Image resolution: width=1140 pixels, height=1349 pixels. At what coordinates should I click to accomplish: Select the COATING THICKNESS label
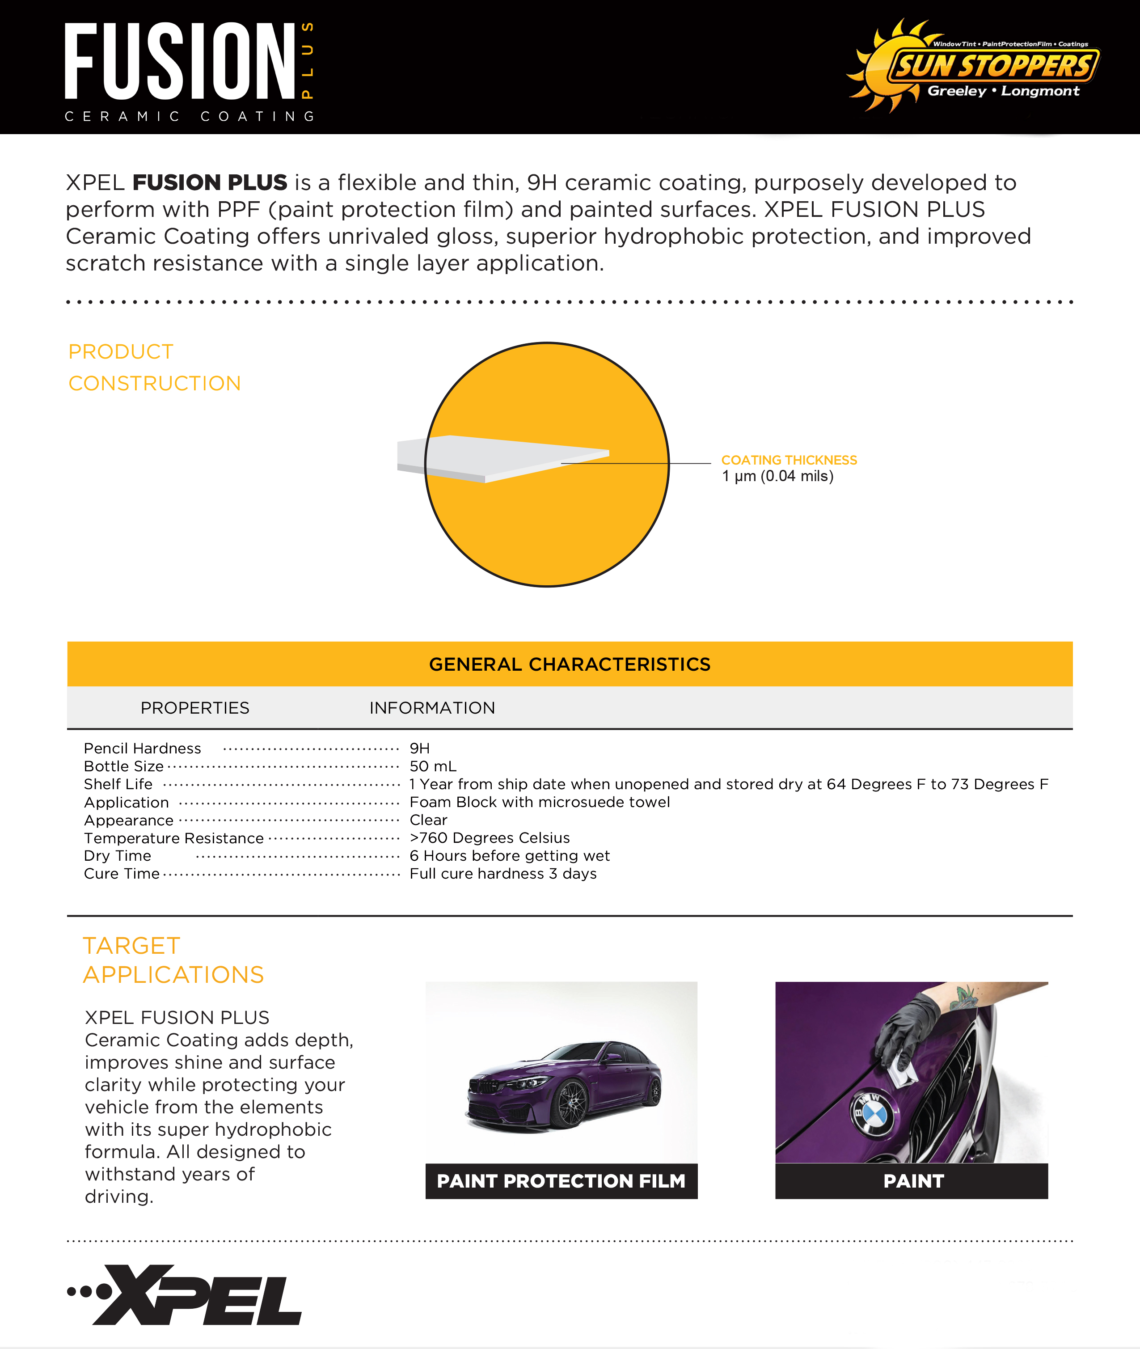coord(789,460)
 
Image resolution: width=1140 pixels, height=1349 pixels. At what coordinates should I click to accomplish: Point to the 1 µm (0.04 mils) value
coord(777,476)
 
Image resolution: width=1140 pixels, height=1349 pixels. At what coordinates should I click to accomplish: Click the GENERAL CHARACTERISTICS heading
coord(570,664)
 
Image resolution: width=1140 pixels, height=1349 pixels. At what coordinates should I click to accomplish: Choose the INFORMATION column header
coord(432,708)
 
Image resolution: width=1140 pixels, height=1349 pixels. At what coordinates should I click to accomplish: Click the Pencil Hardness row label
coord(142,749)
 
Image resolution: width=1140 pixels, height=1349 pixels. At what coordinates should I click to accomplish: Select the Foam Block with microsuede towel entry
coord(539,802)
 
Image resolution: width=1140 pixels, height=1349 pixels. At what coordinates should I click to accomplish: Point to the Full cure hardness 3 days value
coord(503,874)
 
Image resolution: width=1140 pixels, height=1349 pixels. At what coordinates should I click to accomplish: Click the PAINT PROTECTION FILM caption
coord(561,1181)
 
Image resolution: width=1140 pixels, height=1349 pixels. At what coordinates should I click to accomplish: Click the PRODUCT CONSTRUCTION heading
coord(154,367)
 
